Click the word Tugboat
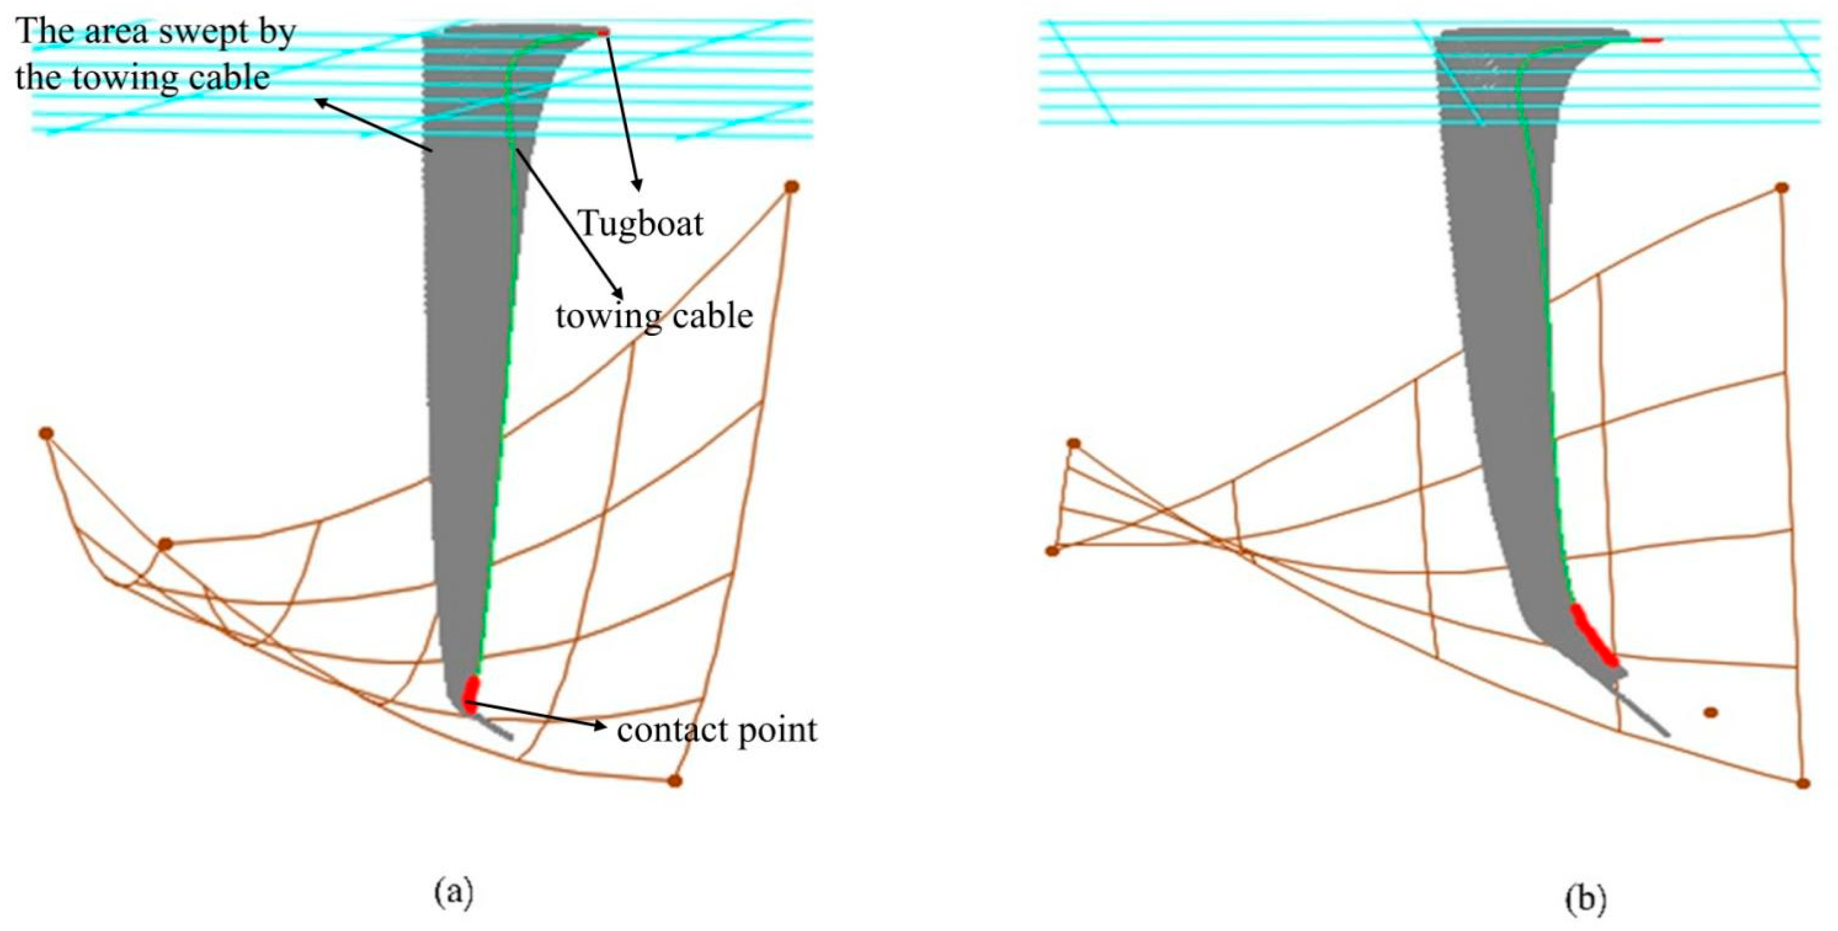[x=641, y=224]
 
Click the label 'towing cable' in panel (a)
[x=654, y=316]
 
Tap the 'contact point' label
[x=717, y=730]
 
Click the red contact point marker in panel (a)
[x=470, y=691]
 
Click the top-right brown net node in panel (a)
[x=791, y=187]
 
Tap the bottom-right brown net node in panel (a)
[x=675, y=781]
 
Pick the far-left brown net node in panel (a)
[x=46, y=433]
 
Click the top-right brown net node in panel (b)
[x=1782, y=187]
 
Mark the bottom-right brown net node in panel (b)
[x=1803, y=783]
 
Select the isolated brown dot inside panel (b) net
[x=1711, y=712]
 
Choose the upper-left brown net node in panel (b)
[x=1073, y=444]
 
